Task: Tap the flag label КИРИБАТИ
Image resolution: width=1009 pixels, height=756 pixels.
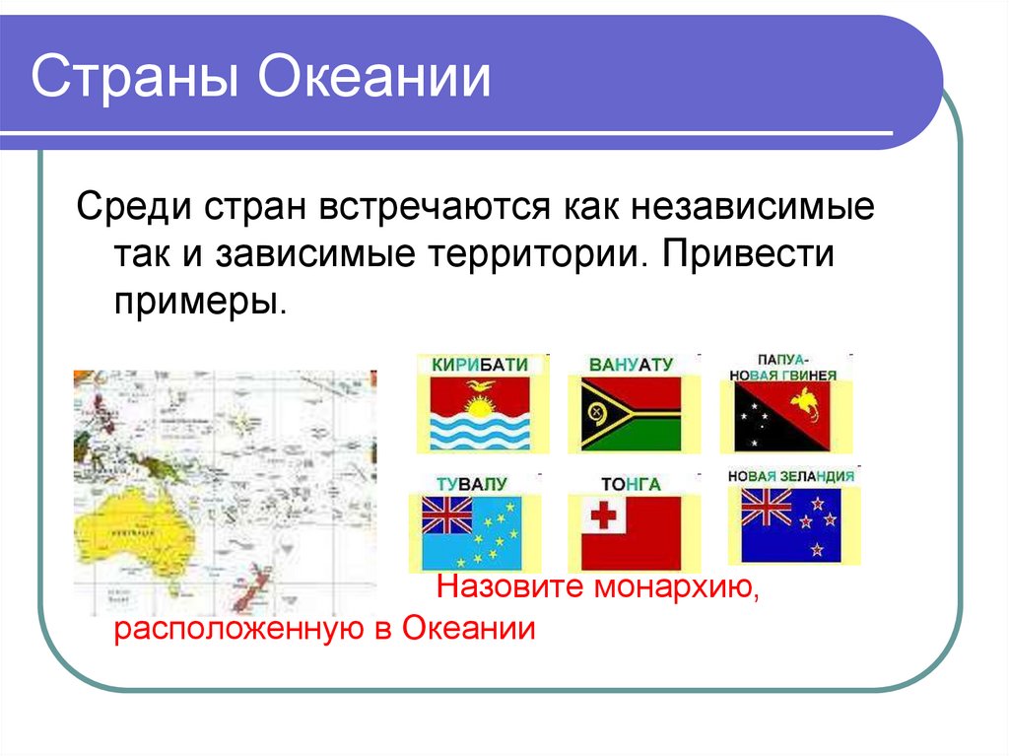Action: [480, 364]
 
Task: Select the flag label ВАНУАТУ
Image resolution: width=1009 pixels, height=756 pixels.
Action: [631, 364]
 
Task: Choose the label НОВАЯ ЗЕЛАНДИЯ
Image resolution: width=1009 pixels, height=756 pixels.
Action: [790, 476]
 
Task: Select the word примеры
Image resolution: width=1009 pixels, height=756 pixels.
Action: [201, 298]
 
